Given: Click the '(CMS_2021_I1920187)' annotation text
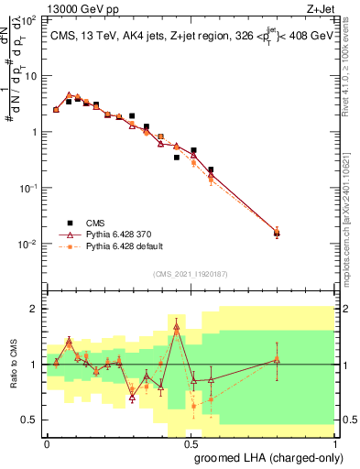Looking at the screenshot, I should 190,274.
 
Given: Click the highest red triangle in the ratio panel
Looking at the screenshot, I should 176,326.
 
